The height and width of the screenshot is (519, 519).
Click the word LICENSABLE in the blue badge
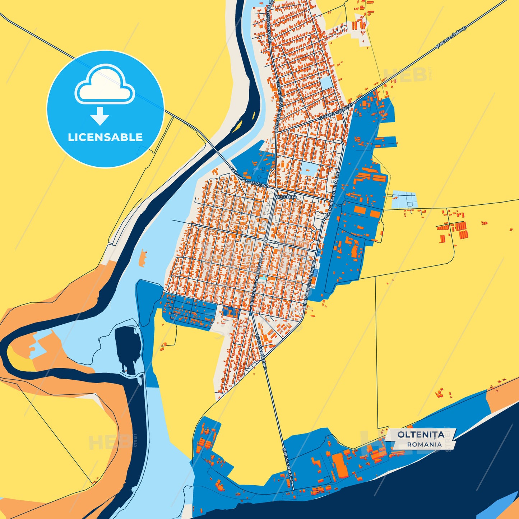(x=105, y=137)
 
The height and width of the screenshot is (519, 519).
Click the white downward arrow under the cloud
(x=100, y=116)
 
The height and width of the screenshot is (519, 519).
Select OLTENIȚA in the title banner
(x=421, y=435)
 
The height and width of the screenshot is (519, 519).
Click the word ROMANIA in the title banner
(x=424, y=444)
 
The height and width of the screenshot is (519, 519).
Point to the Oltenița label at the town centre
(x=286, y=197)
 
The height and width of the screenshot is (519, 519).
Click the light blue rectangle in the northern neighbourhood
(x=326, y=83)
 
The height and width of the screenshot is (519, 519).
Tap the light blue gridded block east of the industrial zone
(x=405, y=200)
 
